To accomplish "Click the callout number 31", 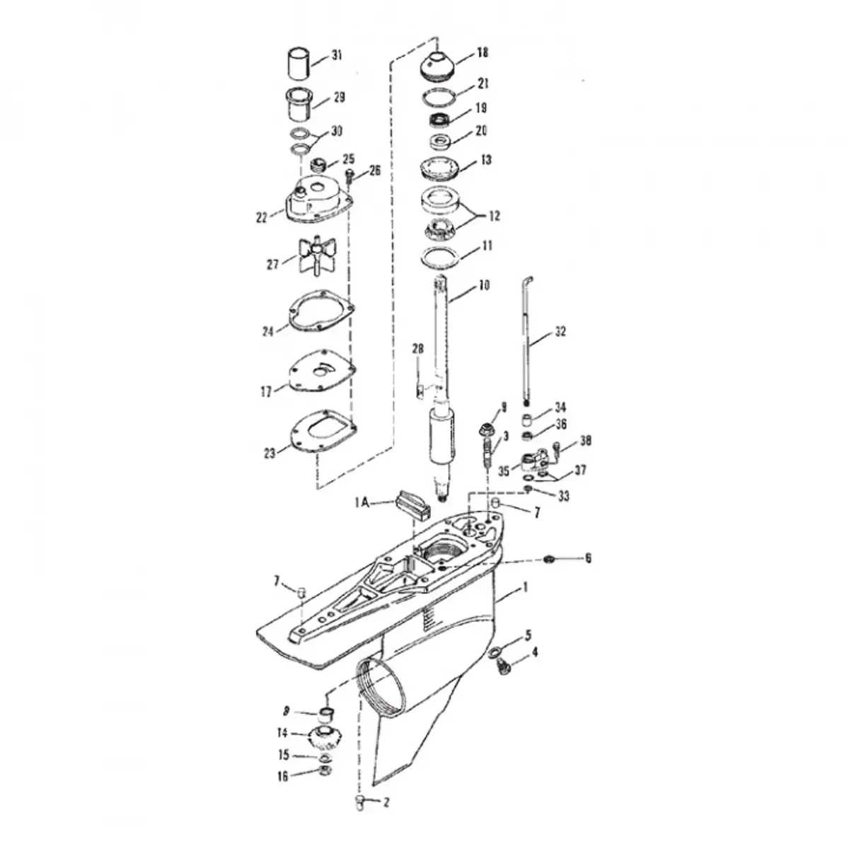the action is pyautogui.click(x=337, y=56).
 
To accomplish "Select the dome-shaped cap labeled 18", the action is pyautogui.click(x=437, y=66).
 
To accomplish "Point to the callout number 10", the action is pyautogui.click(x=484, y=286).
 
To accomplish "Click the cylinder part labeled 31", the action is pyautogui.click(x=299, y=64).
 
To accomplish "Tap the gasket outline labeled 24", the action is pyautogui.click(x=320, y=311).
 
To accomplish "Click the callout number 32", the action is pyautogui.click(x=560, y=331).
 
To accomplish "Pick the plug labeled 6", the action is pyautogui.click(x=549, y=559).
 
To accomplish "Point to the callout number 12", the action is pyautogui.click(x=495, y=216).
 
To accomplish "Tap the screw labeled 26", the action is pyautogui.click(x=350, y=176).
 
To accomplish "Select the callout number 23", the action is pyautogui.click(x=270, y=453).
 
